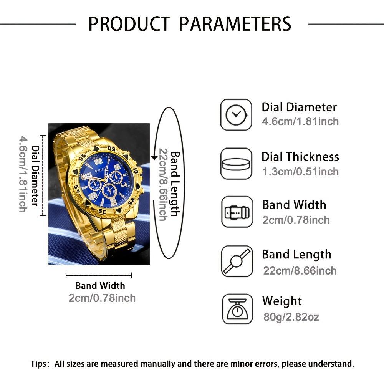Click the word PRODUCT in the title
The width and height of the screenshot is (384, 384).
(128, 24)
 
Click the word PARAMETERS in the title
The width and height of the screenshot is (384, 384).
(235, 24)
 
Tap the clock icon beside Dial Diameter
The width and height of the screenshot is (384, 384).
(236, 114)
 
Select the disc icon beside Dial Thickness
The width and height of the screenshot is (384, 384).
(236, 163)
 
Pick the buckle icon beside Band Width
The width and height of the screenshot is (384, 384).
(236, 212)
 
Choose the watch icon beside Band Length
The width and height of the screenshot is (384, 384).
(236, 261)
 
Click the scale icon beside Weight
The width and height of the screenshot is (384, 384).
(236, 310)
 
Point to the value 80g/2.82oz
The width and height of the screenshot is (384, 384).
(291, 317)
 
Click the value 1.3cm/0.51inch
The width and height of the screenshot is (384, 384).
(300, 171)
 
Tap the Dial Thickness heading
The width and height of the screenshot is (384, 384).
(300, 157)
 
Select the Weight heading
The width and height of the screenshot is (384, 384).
(282, 301)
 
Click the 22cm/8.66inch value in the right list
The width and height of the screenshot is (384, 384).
(300, 270)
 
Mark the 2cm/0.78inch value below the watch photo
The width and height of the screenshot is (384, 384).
(102, 298)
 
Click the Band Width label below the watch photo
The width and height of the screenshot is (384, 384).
(100, 286)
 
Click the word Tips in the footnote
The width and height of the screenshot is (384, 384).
(39, 364)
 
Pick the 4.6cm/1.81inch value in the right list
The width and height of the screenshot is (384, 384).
(300, 122)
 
